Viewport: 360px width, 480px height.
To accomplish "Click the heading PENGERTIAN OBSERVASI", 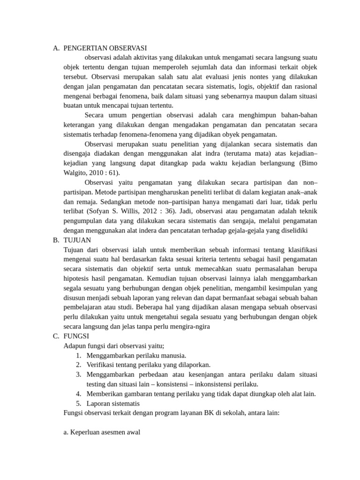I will (105, 48).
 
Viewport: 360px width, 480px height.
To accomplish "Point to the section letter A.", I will (56, 48).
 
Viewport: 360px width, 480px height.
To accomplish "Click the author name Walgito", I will (75, 172).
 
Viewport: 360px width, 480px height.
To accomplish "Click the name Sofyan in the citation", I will (107, 211).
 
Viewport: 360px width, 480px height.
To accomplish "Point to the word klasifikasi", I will (300, 249).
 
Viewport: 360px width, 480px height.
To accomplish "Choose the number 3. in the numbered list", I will (79, 375).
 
